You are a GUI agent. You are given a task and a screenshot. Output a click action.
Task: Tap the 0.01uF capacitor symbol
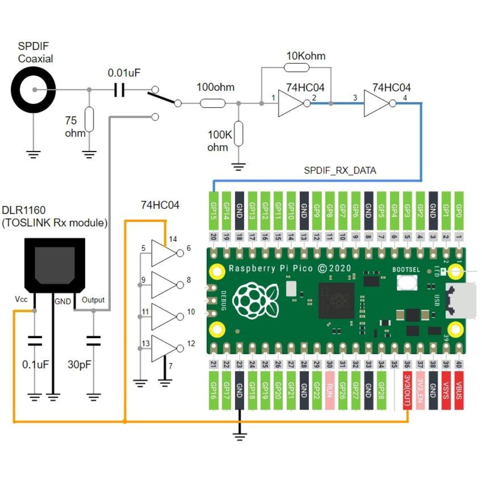click(119, 90)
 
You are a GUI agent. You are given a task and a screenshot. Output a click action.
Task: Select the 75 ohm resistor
click(89, 119)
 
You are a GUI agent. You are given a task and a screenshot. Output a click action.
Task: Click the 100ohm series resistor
click(212, 103)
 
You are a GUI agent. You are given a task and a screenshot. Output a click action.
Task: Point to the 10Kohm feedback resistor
click(296, 67)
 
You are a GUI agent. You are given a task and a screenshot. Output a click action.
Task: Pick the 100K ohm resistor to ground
click(238, 133)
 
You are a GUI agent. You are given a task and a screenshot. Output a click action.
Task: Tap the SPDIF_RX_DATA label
click(340, 170)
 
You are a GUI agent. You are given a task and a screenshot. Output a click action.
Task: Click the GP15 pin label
click(214, 211)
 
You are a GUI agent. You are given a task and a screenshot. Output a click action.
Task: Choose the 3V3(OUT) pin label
click(407, 391)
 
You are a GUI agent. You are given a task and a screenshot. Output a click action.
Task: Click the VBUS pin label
click(459, 391)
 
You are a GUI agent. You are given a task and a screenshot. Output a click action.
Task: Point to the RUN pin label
click(330, 391)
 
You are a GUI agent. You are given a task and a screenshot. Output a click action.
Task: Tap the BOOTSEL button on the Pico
click(407, 282)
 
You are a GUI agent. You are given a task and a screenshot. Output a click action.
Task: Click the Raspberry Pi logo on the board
click(255, 301)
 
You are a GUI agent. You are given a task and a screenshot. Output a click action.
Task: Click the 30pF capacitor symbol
click(93, 341)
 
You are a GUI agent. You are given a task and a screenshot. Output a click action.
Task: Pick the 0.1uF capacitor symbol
click(35, 341)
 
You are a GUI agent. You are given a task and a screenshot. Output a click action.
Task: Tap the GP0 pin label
click(459, 211)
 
